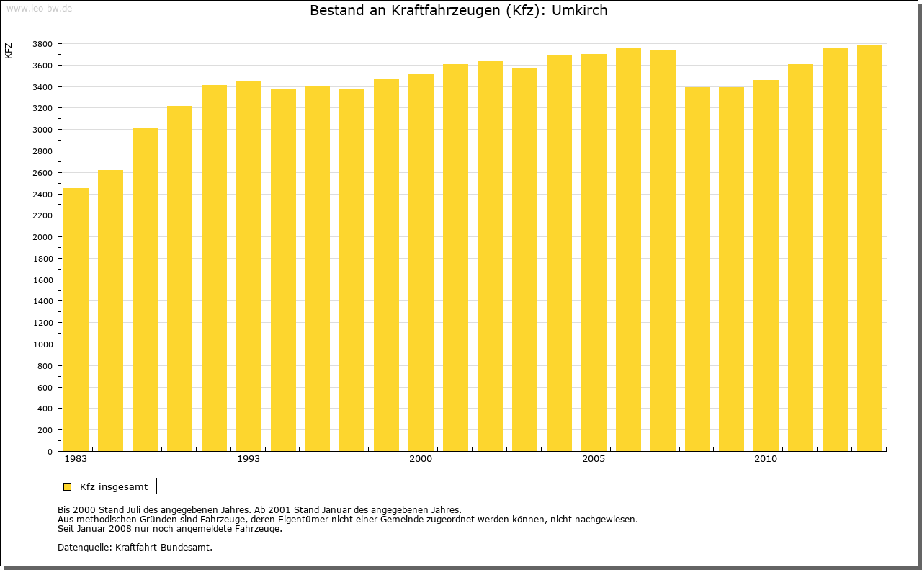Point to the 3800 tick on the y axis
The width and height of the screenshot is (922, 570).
click(42, 44)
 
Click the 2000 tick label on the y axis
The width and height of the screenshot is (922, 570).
click(42, 237)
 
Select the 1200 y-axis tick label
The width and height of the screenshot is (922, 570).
click(42, 323)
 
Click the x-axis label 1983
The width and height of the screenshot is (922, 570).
click(76, 459)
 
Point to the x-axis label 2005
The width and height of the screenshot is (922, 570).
click(594, 459)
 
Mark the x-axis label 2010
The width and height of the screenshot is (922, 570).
click(766, 459)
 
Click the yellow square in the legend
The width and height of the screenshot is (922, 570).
click(67, 486)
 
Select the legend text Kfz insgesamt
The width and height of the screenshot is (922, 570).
click(114, 486)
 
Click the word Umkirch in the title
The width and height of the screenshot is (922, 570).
click(579, 11)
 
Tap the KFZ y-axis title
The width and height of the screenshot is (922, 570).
click(9, 50)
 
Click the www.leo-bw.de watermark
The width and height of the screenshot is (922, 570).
click(38, 7)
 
